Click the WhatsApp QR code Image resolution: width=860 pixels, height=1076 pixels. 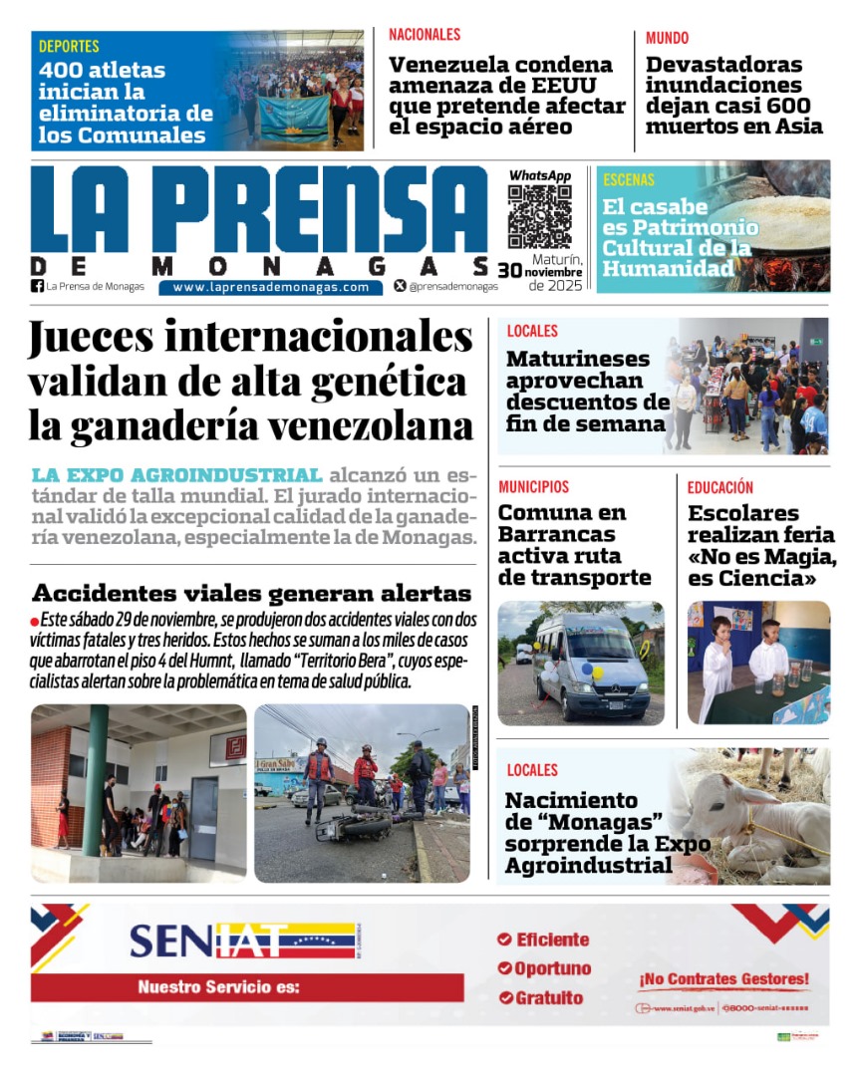(540, 216)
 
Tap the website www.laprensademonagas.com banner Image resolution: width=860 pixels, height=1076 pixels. (270, 287)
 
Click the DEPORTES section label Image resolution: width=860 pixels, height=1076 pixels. (69, 46)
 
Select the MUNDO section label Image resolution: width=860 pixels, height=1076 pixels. (667, 38)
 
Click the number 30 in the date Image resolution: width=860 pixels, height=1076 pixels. (509, 270)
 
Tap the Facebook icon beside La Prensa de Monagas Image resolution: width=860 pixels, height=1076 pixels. (38, 287)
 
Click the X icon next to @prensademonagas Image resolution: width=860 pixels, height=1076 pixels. (400, 286)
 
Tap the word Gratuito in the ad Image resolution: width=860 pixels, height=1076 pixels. (549, 997)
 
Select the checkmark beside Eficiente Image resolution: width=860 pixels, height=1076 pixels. (504, 940)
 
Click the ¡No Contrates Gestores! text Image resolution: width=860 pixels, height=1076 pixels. (724, 979)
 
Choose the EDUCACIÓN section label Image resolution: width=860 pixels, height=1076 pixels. (719, 487)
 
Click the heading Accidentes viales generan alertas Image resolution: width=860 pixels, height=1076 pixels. (251, 593)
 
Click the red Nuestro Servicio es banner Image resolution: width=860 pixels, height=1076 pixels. (247, 987)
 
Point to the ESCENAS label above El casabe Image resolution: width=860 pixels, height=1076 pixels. (629, 180)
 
